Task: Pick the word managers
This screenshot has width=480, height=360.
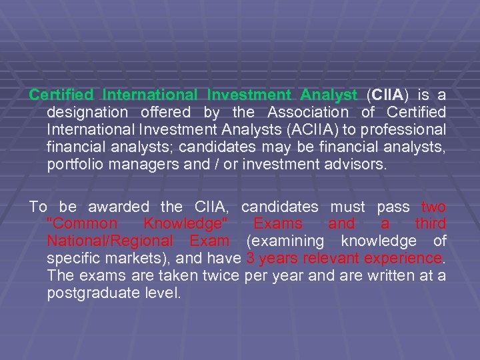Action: coord(140,164)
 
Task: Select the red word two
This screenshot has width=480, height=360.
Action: coord(433,207)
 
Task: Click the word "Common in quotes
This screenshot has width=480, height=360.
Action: coord(83,223)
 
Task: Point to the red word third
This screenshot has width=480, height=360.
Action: coord(431,223)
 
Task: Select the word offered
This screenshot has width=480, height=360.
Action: coord(165,113)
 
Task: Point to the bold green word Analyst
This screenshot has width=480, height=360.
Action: coord(329,95)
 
